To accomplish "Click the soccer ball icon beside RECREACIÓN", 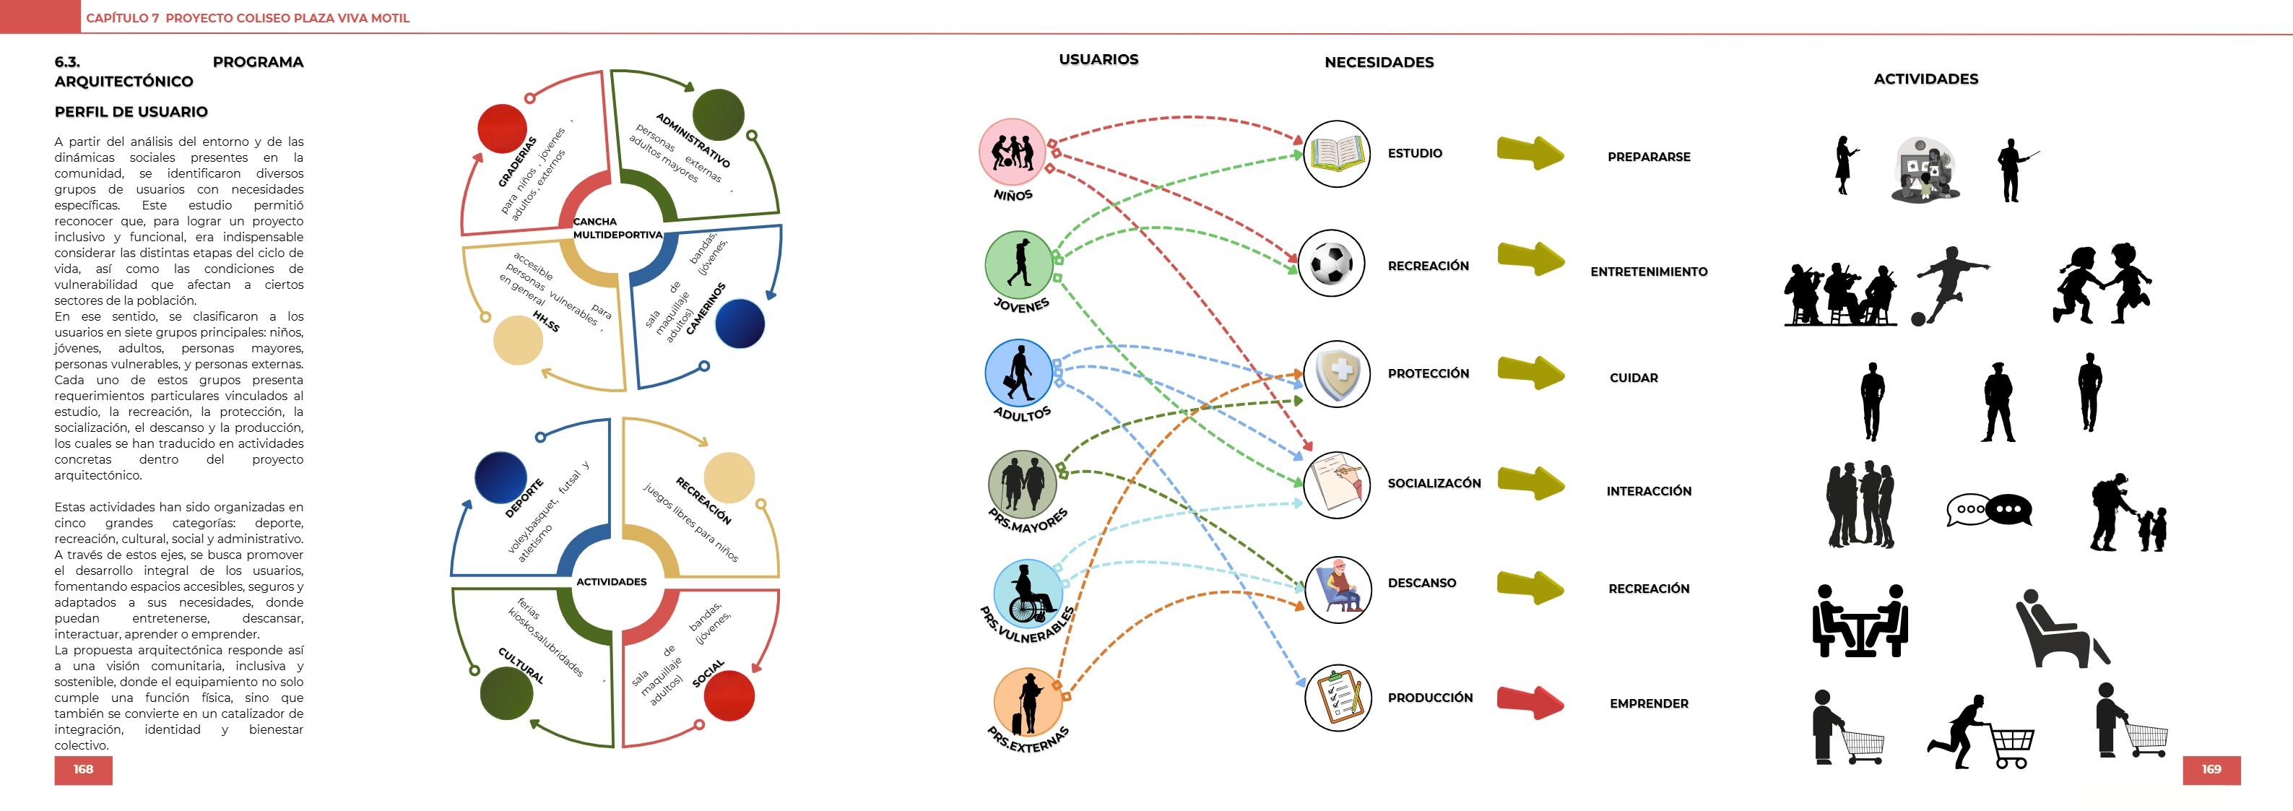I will [x=1332, y=264].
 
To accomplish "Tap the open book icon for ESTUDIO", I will [x=1336, y=154].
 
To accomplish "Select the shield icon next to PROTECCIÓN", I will [x=1336, y=374].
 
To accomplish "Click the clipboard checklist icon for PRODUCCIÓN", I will [x=1337, y=698].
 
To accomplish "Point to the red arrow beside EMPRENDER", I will [x=1529, y=703].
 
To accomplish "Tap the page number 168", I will [x=83, y=769].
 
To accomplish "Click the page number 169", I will [x=2211, y=769].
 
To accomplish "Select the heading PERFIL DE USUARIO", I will [x=131, y=112].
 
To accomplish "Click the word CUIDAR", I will [x=1634, y=378].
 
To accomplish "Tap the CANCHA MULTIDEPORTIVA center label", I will [x=616, y=228].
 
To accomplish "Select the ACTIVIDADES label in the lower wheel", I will [x=612, y=582].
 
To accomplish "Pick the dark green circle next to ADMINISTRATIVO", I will [x=717, y=114].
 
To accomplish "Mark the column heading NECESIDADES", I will [x=1379, y=62].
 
